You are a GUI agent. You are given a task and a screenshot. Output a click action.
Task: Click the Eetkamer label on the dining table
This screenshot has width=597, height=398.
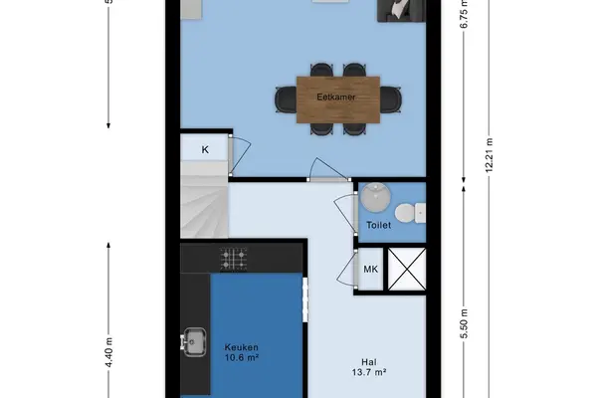[x=336, y=98]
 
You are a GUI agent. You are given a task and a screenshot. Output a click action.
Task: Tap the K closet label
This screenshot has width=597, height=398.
[x=205, y=149]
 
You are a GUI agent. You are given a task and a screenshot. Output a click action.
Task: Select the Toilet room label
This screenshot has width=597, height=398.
[x=378, y=225]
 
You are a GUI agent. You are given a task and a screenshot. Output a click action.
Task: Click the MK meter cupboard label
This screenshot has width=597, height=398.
[x=371, y=270]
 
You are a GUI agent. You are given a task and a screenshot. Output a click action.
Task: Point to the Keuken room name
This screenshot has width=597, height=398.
[x=242, y=347]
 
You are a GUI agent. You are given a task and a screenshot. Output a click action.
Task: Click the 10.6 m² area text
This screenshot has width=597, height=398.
[x=242, y=357]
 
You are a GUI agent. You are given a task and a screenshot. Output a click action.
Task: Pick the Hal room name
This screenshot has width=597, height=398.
[x=369, y=362]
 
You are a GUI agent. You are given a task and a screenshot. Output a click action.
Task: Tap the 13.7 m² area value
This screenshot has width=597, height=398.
[x=369, y=372]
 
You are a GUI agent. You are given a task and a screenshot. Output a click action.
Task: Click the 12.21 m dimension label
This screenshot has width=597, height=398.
[x=490, y=155]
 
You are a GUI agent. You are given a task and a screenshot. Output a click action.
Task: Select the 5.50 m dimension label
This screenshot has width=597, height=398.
[x=464, y=323]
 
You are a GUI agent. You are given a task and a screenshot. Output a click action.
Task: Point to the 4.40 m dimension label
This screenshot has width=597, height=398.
[x=108, y=352]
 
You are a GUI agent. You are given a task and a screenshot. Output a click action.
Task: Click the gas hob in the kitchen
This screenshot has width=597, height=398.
[x=234, y=259]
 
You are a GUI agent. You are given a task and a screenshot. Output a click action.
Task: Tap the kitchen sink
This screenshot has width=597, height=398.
[x=194, y=341]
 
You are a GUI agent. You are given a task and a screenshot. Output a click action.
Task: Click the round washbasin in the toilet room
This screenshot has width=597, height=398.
[x=375, y=197]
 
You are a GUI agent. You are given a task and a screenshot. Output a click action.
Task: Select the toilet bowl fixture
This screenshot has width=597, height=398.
[x=410, y=213]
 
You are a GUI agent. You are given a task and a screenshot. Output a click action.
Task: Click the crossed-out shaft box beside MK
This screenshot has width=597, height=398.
[x=407, y=269]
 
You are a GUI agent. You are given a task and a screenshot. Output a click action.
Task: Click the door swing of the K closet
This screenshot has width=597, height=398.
[x=242, y=154]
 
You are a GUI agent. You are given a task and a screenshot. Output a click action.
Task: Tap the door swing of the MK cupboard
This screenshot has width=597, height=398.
[x=346, y=269]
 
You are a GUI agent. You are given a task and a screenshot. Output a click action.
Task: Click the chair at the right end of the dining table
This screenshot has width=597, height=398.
[x=391, y=99]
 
